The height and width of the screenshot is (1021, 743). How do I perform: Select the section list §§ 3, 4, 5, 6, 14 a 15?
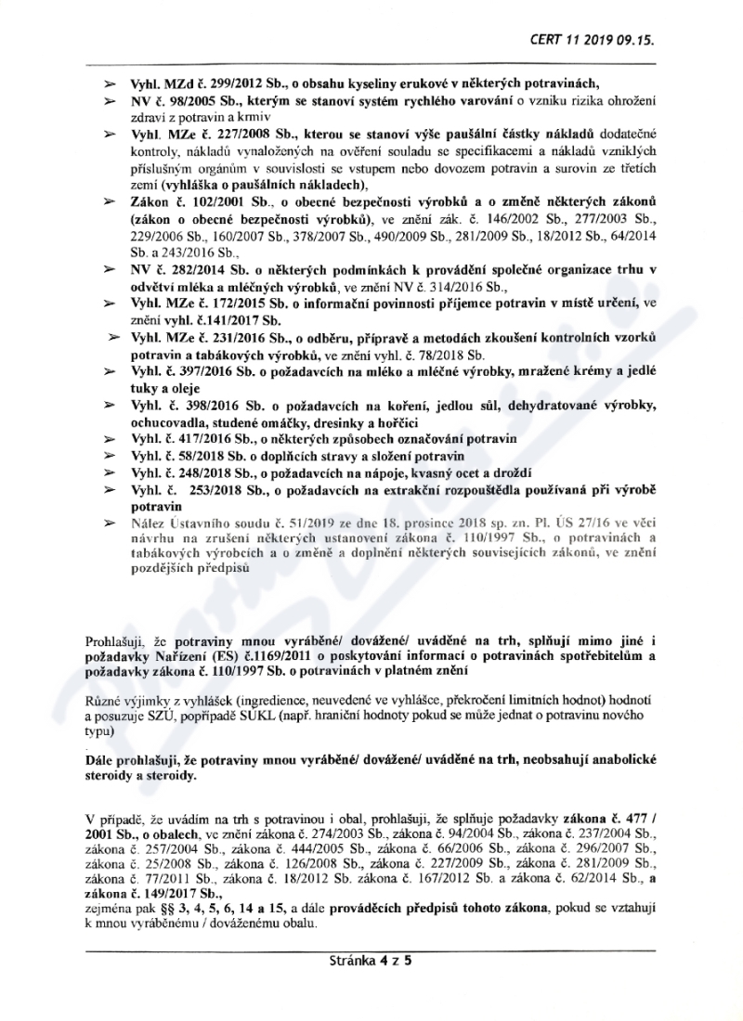point(187,899)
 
